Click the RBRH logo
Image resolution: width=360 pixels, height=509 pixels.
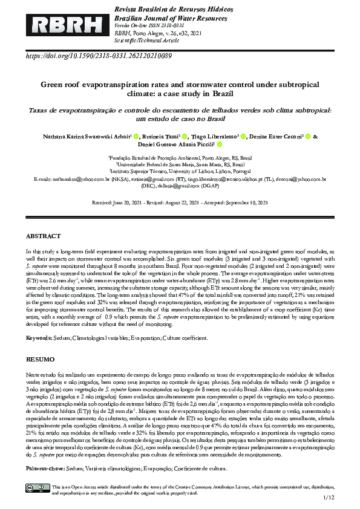tap(59, 25)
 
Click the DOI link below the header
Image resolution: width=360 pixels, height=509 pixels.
tap(99, 56)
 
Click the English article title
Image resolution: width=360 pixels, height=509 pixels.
tap(180, 89)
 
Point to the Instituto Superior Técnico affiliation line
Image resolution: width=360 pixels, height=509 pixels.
tap(180, 171)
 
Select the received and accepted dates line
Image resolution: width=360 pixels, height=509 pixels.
tap(180, 203)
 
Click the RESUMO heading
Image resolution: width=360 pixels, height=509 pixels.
tap(40, 359)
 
